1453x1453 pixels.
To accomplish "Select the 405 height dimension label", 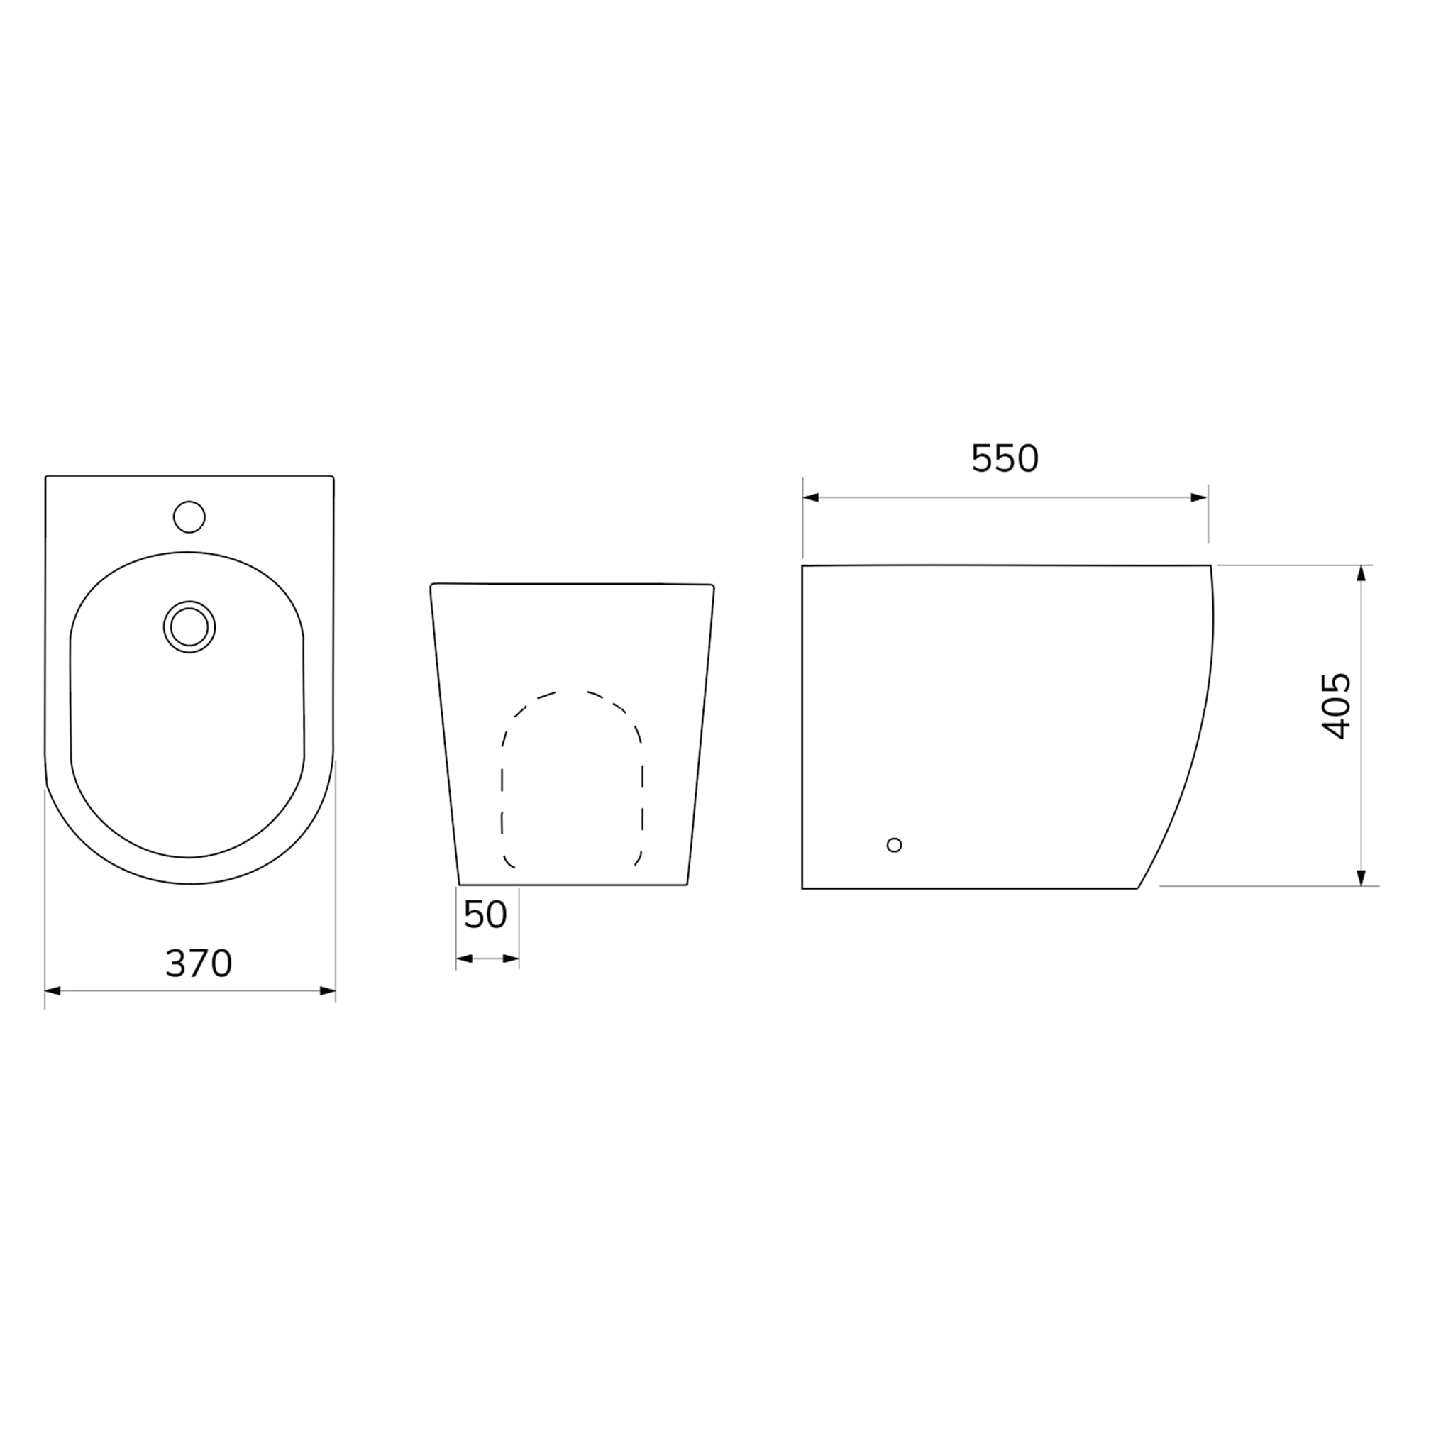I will (x=1337, y=707).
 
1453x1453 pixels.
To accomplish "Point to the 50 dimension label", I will (x=486, y=915).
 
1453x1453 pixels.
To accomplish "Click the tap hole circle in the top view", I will (x=189, y=516).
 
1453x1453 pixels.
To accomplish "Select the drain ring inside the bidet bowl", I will (x=189, y=626).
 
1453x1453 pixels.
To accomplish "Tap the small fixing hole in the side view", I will (x=894, y=844).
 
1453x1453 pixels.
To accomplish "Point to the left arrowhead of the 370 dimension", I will (x=53, y=991).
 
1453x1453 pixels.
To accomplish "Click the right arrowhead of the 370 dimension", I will (x=328, y=991).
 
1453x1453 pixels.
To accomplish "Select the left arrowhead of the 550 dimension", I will (x=811, y=498).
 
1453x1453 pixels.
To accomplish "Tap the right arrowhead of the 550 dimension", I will (x=1200, y=498).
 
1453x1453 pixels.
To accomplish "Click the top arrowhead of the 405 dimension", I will (x=1361, y=573).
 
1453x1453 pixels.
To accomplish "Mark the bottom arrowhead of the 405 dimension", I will (x=1361, y=878).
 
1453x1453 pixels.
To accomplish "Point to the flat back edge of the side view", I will (x=802, y=726).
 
